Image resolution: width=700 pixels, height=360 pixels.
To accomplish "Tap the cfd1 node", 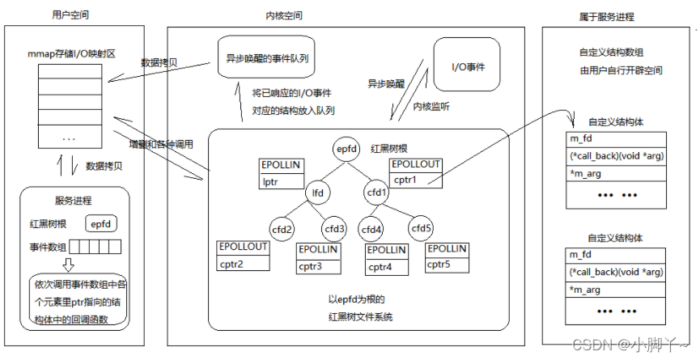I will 377,193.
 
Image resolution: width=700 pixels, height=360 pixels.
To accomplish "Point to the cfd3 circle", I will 335,230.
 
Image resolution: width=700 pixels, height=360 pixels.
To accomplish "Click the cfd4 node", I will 372,230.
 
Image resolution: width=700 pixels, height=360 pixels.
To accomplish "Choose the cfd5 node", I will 421,230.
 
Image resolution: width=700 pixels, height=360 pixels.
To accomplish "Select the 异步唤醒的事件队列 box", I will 266,59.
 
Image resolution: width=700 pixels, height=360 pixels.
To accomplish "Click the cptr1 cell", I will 415,179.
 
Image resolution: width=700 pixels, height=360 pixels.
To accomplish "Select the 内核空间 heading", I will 286,15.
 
